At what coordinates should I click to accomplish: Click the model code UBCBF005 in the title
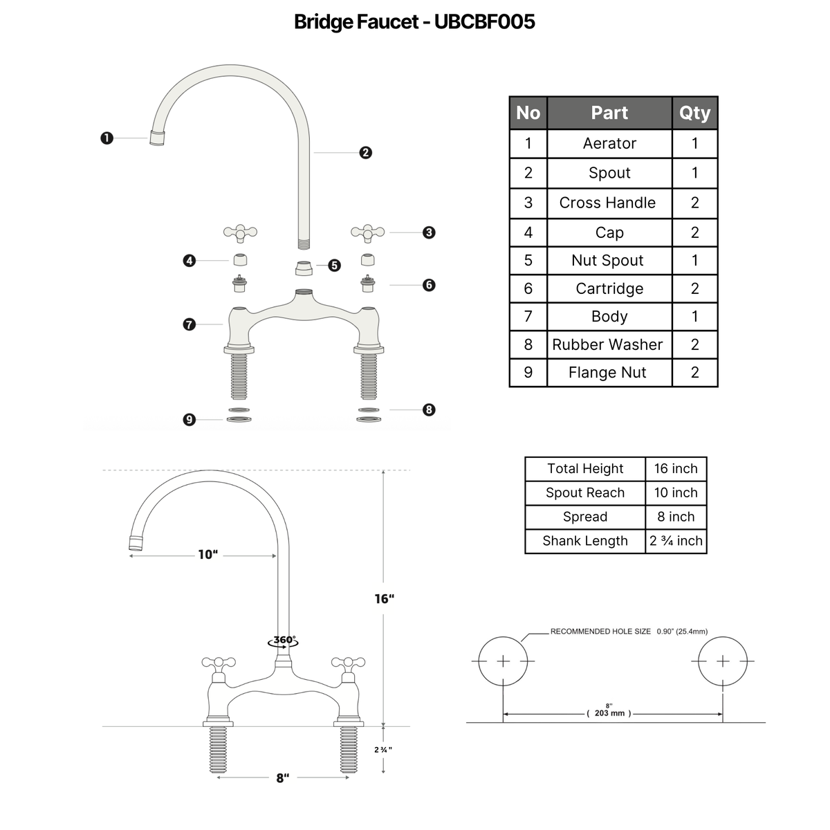point(485,21)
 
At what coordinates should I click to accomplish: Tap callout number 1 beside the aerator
point(107,138)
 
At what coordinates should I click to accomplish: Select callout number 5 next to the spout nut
point(334,266)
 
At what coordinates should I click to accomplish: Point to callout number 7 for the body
point(190,324)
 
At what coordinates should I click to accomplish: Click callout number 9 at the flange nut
point(190,420)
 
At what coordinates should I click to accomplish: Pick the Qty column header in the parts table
point(694,113)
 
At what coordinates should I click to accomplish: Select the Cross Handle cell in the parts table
point(607,203)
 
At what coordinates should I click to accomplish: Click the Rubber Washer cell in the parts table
point(607,344)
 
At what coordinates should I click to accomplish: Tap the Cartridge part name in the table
point(609,288)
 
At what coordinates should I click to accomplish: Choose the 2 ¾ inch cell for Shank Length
point(676,541)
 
